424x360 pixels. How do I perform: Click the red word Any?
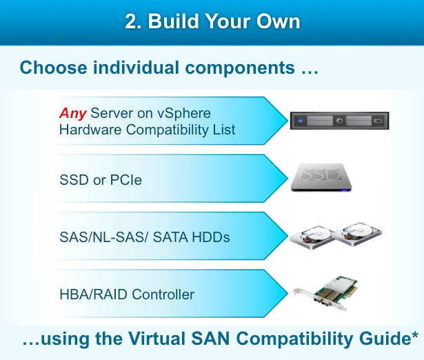73,113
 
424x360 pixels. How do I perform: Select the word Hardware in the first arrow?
90,130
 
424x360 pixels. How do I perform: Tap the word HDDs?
210,237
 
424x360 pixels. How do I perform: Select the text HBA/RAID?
93,294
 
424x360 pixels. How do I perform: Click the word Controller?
163,294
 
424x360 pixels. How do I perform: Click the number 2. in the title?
133,21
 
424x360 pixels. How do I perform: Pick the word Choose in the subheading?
53,68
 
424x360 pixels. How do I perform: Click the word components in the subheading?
240,68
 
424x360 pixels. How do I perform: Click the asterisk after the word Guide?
415,335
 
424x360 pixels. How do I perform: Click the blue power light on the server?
301,121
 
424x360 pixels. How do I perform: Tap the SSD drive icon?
321,177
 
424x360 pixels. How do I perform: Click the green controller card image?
327,294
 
